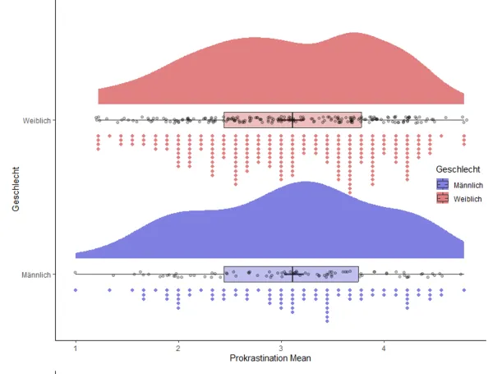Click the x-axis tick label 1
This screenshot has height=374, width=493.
coord(76,348)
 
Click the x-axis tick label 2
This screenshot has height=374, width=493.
coord(178,348)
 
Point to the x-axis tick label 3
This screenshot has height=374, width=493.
coord(281,348)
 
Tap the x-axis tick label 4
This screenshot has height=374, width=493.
coord(384,348)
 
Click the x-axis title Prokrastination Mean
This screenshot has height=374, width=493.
coord(270,358)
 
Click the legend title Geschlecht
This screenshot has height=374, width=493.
coord(458,169)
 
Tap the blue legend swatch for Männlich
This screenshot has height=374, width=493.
coord(444,184)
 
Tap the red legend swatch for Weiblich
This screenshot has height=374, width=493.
coord(444,198)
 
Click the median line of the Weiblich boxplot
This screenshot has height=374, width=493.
coord(293,120)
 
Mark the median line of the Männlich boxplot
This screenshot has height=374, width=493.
coord(293,274)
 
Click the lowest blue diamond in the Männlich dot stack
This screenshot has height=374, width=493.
coord(328,320)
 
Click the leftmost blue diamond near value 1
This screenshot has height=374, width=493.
coord(76,290)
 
